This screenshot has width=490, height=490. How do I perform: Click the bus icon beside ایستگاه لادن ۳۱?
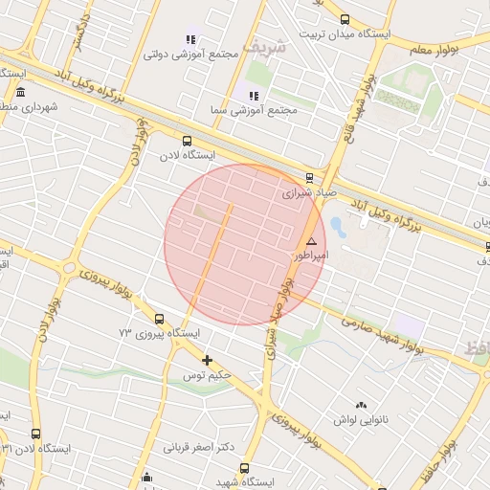click(36, 434)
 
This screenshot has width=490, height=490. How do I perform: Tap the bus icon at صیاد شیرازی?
click(308, 177)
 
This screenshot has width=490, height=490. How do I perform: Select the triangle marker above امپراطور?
click(311, 242)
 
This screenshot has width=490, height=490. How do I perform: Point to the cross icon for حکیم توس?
click(207, 360)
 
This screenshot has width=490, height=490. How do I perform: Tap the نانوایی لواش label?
click(359, 419)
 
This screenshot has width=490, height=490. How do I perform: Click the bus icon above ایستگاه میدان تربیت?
click(345, 19)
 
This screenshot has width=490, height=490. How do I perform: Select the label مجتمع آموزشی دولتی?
click(190, 55)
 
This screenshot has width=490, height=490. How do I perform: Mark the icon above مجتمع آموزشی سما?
click(254, 96)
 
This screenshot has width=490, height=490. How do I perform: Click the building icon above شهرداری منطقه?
click(21, 92)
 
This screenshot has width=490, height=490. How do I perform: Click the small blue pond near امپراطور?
click(337, 227)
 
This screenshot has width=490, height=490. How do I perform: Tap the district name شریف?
click(264, 46)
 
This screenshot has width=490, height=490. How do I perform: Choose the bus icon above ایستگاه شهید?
click(245, 469)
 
